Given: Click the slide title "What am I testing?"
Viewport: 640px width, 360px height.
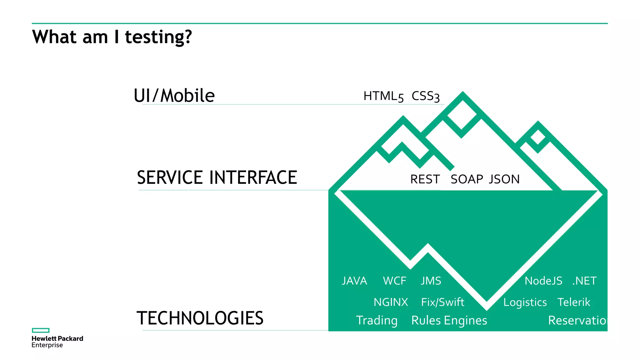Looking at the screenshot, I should [112, 37].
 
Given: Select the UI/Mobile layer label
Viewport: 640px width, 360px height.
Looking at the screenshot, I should [174, 96].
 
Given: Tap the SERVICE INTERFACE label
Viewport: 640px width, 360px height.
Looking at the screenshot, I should [217, 177].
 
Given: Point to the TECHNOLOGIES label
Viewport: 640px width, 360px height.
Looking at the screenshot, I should [200, 318].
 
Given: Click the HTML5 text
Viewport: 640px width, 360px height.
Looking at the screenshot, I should [383, 96].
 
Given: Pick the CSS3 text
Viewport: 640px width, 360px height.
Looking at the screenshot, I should [425, 96].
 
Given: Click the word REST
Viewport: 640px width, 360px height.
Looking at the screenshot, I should [425, 179].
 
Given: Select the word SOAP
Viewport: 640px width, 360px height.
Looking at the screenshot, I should [467, 179].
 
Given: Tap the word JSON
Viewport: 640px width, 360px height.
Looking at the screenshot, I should [504, 179].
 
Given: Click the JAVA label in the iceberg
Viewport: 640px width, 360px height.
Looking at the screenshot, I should [354, 281].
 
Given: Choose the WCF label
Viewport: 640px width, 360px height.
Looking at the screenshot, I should [394, 281].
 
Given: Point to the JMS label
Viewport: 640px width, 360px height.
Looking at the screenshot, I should [431, 281].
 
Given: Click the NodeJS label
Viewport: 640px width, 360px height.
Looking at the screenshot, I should [543, 281].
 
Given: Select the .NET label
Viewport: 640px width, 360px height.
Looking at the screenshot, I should [584, 281].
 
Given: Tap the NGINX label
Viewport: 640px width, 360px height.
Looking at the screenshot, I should [391, 302].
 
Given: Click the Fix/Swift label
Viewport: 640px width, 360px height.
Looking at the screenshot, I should [442, 302].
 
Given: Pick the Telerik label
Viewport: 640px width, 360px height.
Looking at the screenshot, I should [574, 302].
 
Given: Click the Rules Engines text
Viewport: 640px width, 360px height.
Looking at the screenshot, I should [449, 320].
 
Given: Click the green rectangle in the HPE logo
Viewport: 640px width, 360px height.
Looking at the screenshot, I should [41, 330].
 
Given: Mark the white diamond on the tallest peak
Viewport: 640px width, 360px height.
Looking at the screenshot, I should [462, 114].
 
